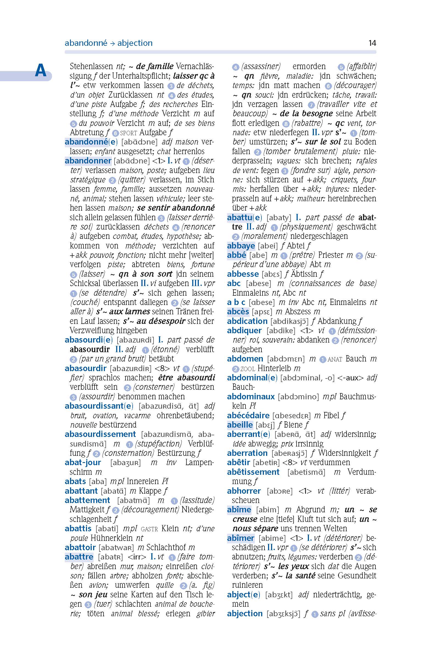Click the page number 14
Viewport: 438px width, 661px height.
coord(372,43)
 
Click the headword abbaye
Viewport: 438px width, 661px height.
coord(241,245)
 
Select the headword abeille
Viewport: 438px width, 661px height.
coord(240,425)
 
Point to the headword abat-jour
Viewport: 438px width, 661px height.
coord(83,462)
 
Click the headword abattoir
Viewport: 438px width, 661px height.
coord(80,547)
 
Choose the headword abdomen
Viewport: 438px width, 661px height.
coord(245,358)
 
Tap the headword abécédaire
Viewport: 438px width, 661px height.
coord(248,415)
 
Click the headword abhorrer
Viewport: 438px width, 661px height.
coord(244,490)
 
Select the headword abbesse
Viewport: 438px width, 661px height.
coord(243,274)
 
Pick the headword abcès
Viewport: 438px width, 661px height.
coord(238,311)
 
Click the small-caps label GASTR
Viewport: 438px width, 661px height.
coord(149,529)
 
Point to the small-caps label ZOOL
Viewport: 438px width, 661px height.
coord(247,369)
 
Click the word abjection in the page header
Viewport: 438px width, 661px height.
coord(135,43)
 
